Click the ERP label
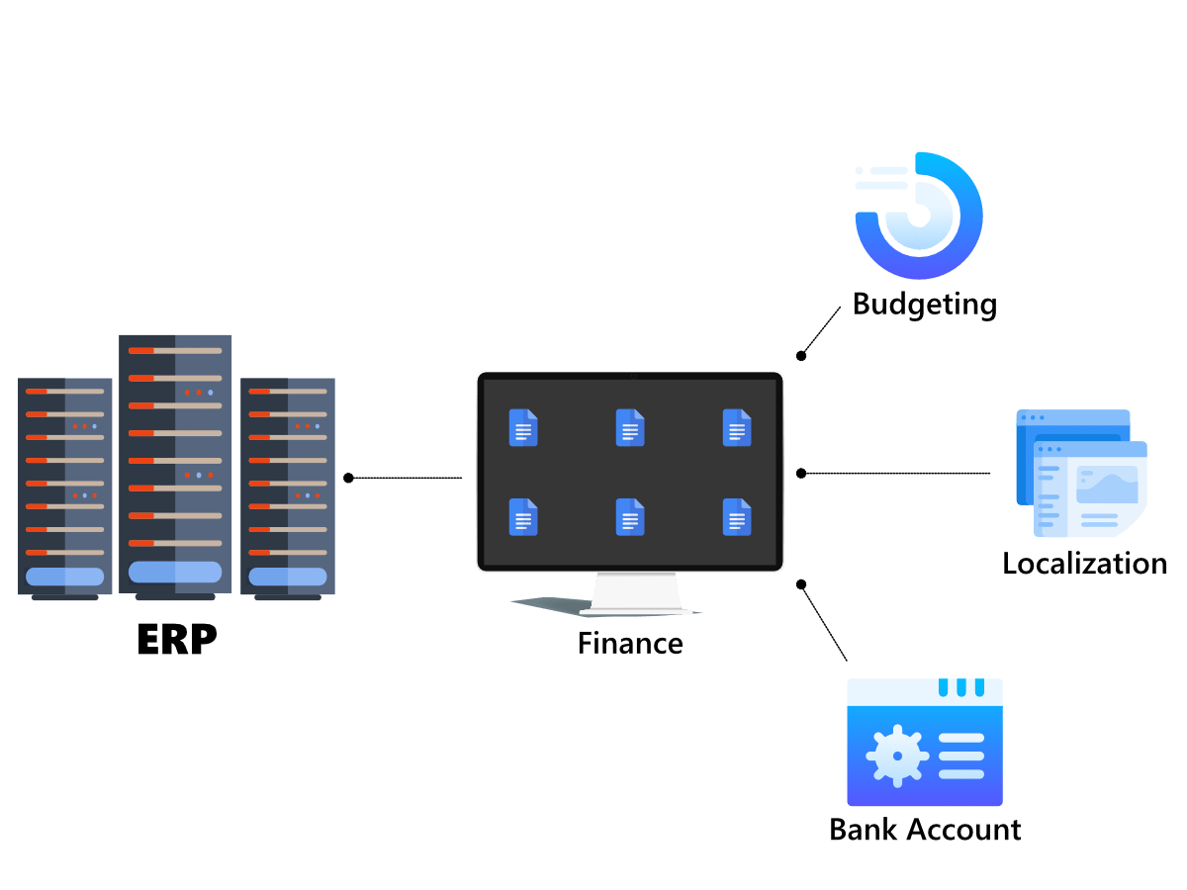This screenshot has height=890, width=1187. pos(176,639)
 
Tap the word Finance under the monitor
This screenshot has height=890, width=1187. pos(630,644)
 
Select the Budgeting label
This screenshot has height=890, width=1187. pos(924,304)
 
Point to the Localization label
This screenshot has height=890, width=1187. pos(1085,564)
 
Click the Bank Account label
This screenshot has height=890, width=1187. pos(925,829)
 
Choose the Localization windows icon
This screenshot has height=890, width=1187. pos(1081,473)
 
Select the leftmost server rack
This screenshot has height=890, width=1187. pos(65,485)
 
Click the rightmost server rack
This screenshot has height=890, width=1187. pos(288,485)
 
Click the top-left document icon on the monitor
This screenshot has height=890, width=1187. pos(523,427)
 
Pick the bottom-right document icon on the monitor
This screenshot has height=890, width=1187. pos(737,516)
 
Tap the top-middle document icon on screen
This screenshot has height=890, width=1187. pos(630,427)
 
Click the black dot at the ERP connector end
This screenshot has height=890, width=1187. pos(348,479)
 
